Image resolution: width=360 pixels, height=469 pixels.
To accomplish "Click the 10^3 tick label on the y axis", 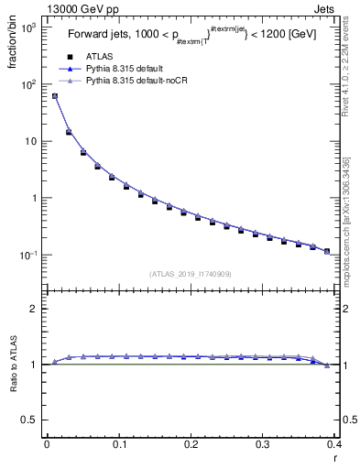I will tap(27, 28).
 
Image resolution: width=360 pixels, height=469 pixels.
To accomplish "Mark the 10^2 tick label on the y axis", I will tap(27, 85).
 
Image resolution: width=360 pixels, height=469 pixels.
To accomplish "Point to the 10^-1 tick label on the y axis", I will tap(27, 256).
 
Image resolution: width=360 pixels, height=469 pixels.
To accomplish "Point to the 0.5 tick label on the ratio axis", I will tap(32, 420).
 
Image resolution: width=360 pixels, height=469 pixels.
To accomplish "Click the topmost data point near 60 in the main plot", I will tap(54, 96).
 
